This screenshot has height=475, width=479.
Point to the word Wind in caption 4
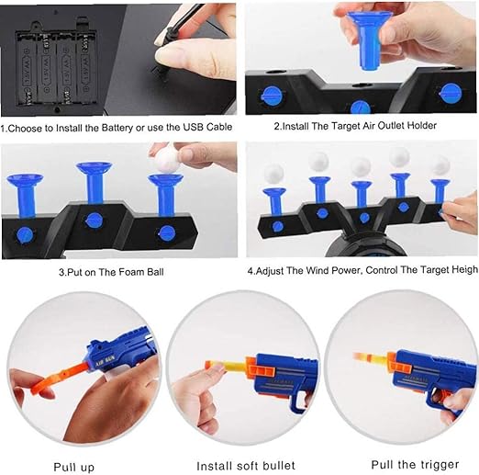(x=318, y=272)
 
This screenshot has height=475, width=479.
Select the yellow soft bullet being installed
(x=226, y=368)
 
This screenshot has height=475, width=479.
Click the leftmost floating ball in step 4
(x=273, y=173)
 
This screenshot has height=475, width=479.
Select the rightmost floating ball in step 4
(x=440, y=165)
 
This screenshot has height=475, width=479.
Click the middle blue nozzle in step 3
(x=94, y=180)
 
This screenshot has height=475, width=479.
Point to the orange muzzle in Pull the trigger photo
(x=360, y=357)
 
